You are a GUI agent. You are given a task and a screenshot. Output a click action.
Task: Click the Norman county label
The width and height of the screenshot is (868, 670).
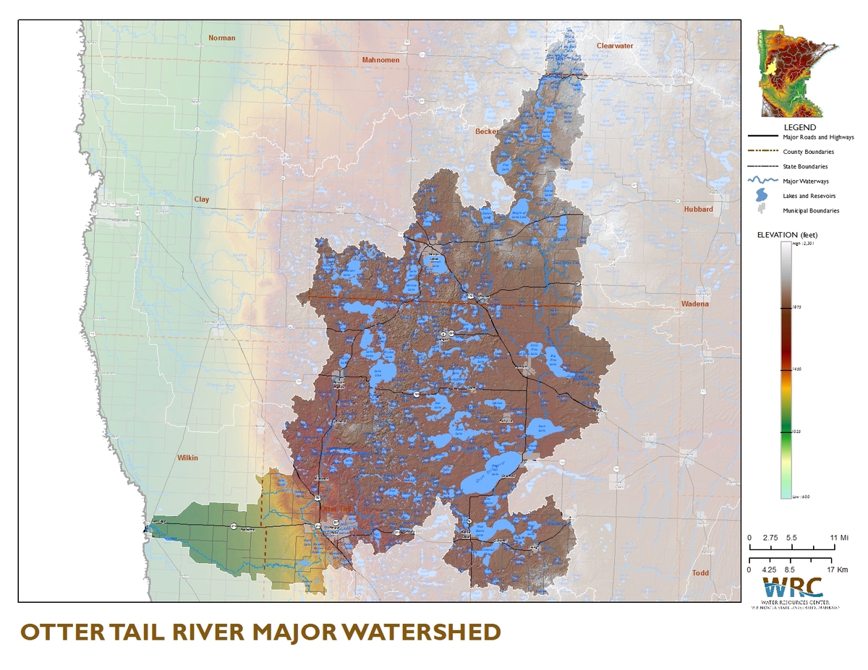(221, 38)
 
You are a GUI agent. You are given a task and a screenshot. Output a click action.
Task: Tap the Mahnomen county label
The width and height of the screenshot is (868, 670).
(380, 60)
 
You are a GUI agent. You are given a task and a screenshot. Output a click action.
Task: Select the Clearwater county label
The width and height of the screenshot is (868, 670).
(614, 46)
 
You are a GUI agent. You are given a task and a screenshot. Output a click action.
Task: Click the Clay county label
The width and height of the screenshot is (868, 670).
(201, 199)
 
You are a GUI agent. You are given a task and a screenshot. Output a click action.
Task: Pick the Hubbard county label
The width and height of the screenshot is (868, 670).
(698, 209)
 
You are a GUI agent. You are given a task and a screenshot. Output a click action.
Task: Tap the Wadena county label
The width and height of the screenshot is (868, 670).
(695, 304)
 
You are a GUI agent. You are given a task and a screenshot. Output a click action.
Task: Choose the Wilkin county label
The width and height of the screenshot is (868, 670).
(187, 458)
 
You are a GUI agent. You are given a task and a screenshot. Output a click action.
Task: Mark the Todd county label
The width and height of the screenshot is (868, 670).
(700, 573)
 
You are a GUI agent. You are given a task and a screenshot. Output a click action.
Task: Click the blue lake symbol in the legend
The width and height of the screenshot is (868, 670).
(761, 196)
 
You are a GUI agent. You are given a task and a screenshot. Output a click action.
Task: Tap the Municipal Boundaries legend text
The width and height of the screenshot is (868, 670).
(811, 211)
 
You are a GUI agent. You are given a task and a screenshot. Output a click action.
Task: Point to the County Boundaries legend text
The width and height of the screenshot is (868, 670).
(808, 152)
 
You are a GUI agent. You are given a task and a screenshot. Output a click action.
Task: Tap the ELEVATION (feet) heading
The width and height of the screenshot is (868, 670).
(787, 235)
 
